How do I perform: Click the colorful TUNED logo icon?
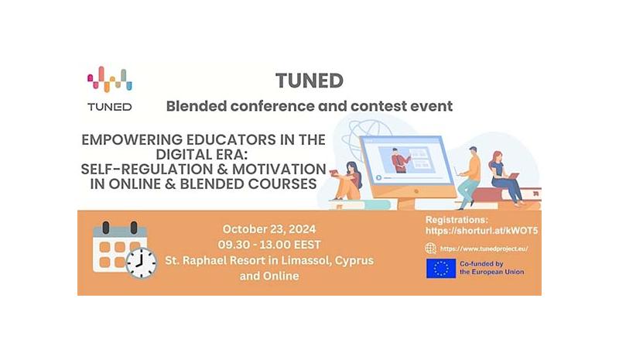tap(110, 79)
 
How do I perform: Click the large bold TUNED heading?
tap(309, 81)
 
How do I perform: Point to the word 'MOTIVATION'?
tap(279, 169)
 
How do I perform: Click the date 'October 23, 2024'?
tap(269, 229)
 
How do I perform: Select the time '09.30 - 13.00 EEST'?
tap(269, 245)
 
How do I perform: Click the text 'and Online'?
tap(269, 276)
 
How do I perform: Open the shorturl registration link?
tap(481, 231)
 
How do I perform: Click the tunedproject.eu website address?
tap(484, 249)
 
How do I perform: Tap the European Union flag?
tap(441, 269)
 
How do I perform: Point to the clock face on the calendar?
tap(142, 262)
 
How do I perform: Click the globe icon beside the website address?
tap(430, 249)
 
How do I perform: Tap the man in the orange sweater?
tap(469, 177)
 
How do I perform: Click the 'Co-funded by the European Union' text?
tap(491, 268)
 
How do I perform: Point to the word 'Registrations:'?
tap(457, 220)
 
